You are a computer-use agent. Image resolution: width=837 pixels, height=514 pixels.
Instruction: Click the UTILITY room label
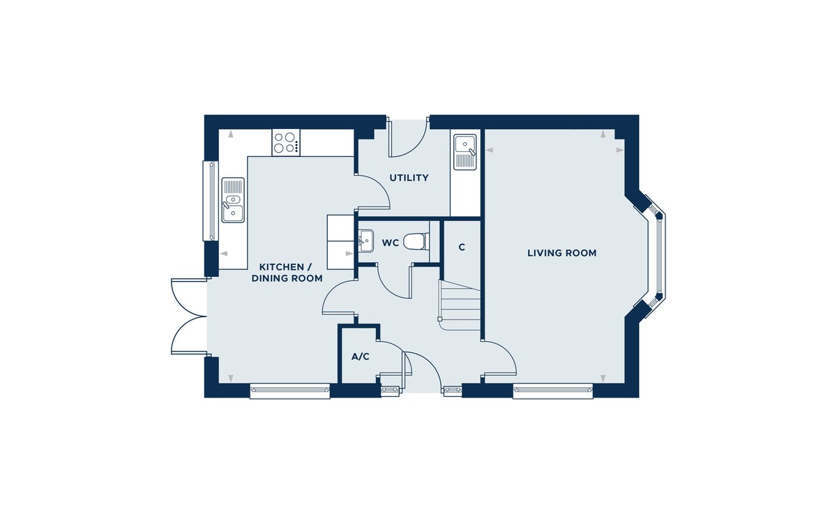tap(409, 178)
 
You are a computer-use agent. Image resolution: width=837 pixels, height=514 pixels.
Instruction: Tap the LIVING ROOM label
tap(561, 253)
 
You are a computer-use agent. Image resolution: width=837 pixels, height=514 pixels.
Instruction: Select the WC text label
tap(391, 243)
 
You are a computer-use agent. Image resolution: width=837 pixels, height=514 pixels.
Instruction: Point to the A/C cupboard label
tap(360, 357)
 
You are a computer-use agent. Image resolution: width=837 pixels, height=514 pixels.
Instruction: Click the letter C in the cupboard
tap(462, 247)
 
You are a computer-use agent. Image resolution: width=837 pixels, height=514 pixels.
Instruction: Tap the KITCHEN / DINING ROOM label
tap(287, 273)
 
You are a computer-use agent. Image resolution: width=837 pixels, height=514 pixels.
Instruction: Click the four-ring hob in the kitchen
tap(286, 143)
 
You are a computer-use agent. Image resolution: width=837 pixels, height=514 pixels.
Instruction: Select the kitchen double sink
tap(233, 200)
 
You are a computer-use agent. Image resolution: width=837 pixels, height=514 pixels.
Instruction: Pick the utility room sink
tap(465, 152)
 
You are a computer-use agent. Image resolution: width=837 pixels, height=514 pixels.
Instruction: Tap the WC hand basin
tap(365, 241)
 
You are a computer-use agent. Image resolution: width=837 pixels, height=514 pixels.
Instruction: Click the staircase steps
tap(460, 305)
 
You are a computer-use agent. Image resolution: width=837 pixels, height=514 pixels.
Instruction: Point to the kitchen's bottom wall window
tap(289, 391)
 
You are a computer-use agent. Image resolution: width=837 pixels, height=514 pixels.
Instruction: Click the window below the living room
tap(553, 391)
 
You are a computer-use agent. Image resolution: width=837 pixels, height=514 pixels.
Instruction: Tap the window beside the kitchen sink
tap(210, 201)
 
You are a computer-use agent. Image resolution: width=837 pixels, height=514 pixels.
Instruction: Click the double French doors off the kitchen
tap(189, 316)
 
